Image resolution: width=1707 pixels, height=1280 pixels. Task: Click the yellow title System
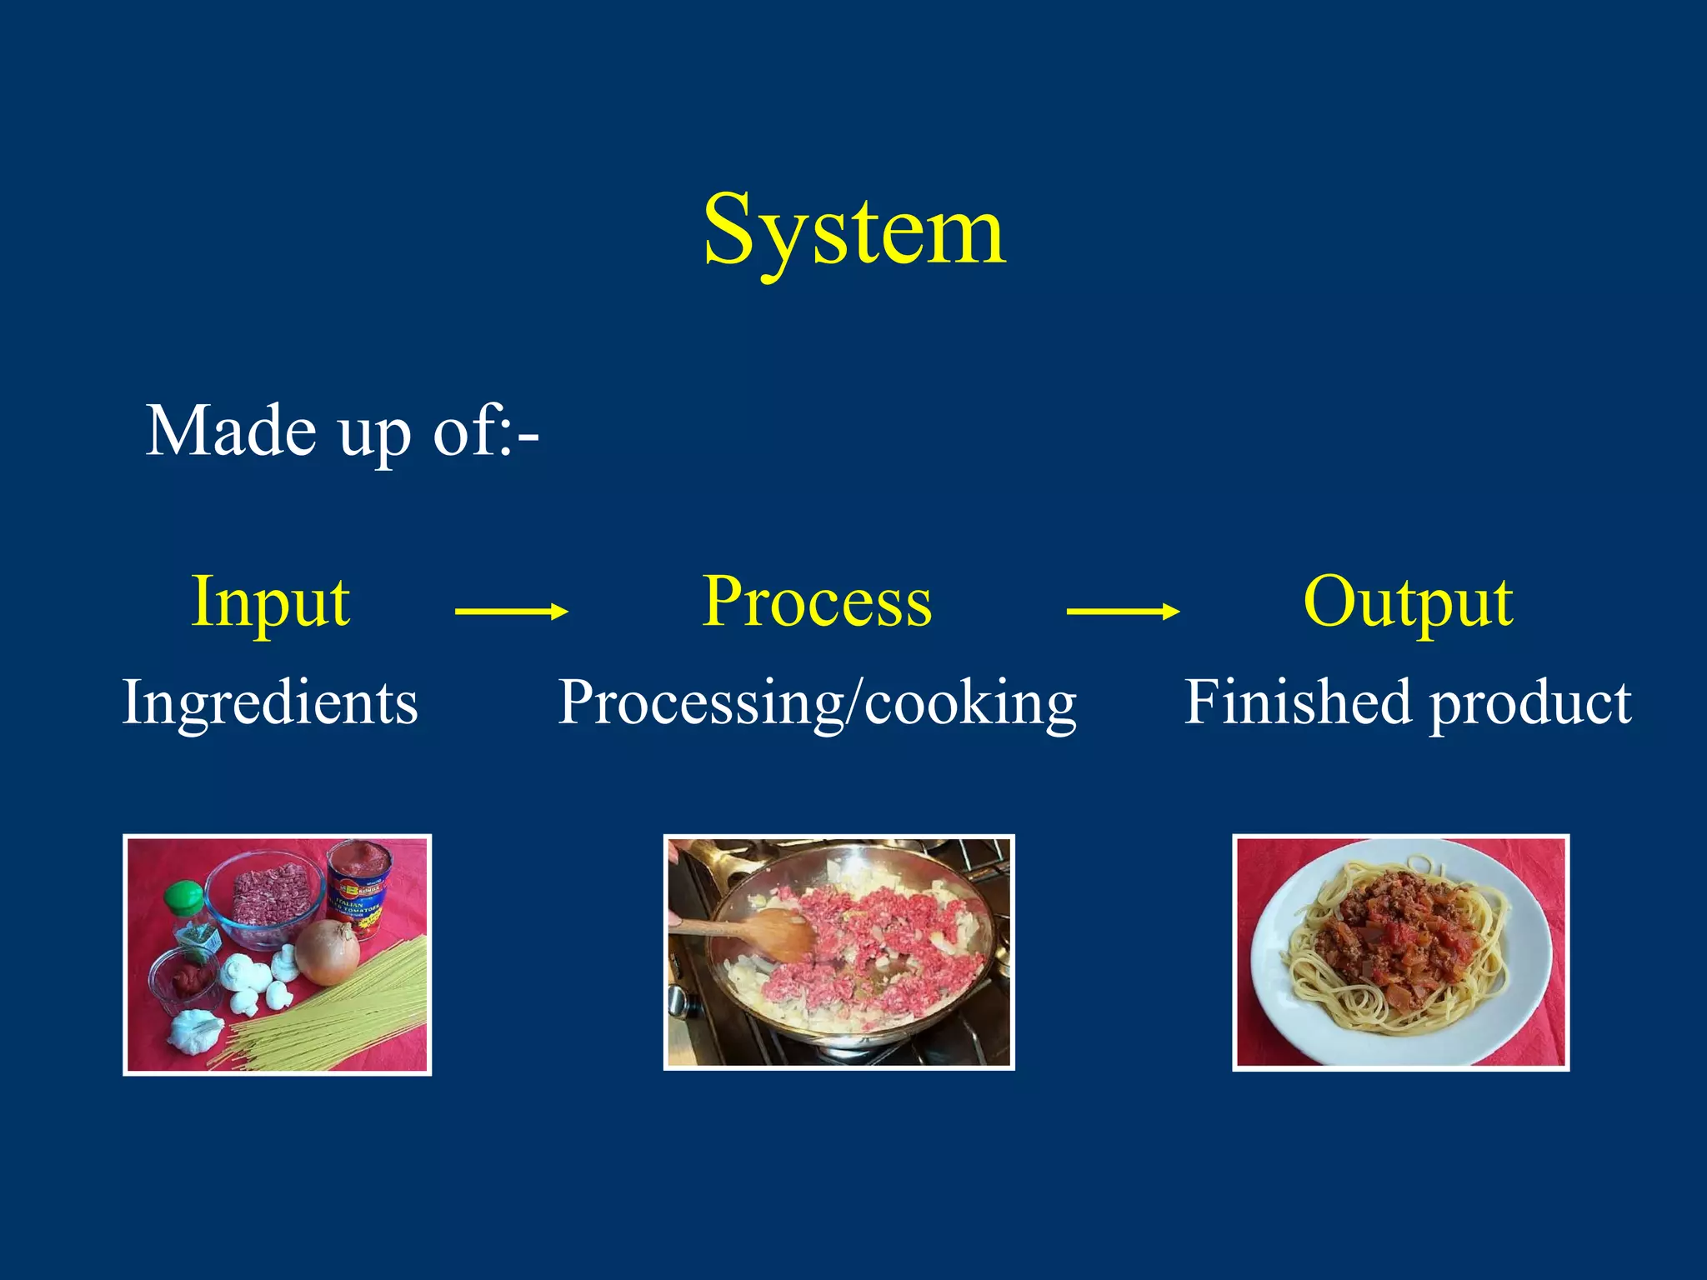point(854,229)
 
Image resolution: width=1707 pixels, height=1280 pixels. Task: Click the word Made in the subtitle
point(231,431)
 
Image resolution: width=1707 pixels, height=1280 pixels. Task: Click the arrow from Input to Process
point(511,612)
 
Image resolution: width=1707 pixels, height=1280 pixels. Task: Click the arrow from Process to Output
point(1122,612)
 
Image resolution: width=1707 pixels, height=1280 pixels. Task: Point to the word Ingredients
point(270,702)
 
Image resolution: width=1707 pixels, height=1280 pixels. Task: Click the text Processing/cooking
point(817,702)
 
